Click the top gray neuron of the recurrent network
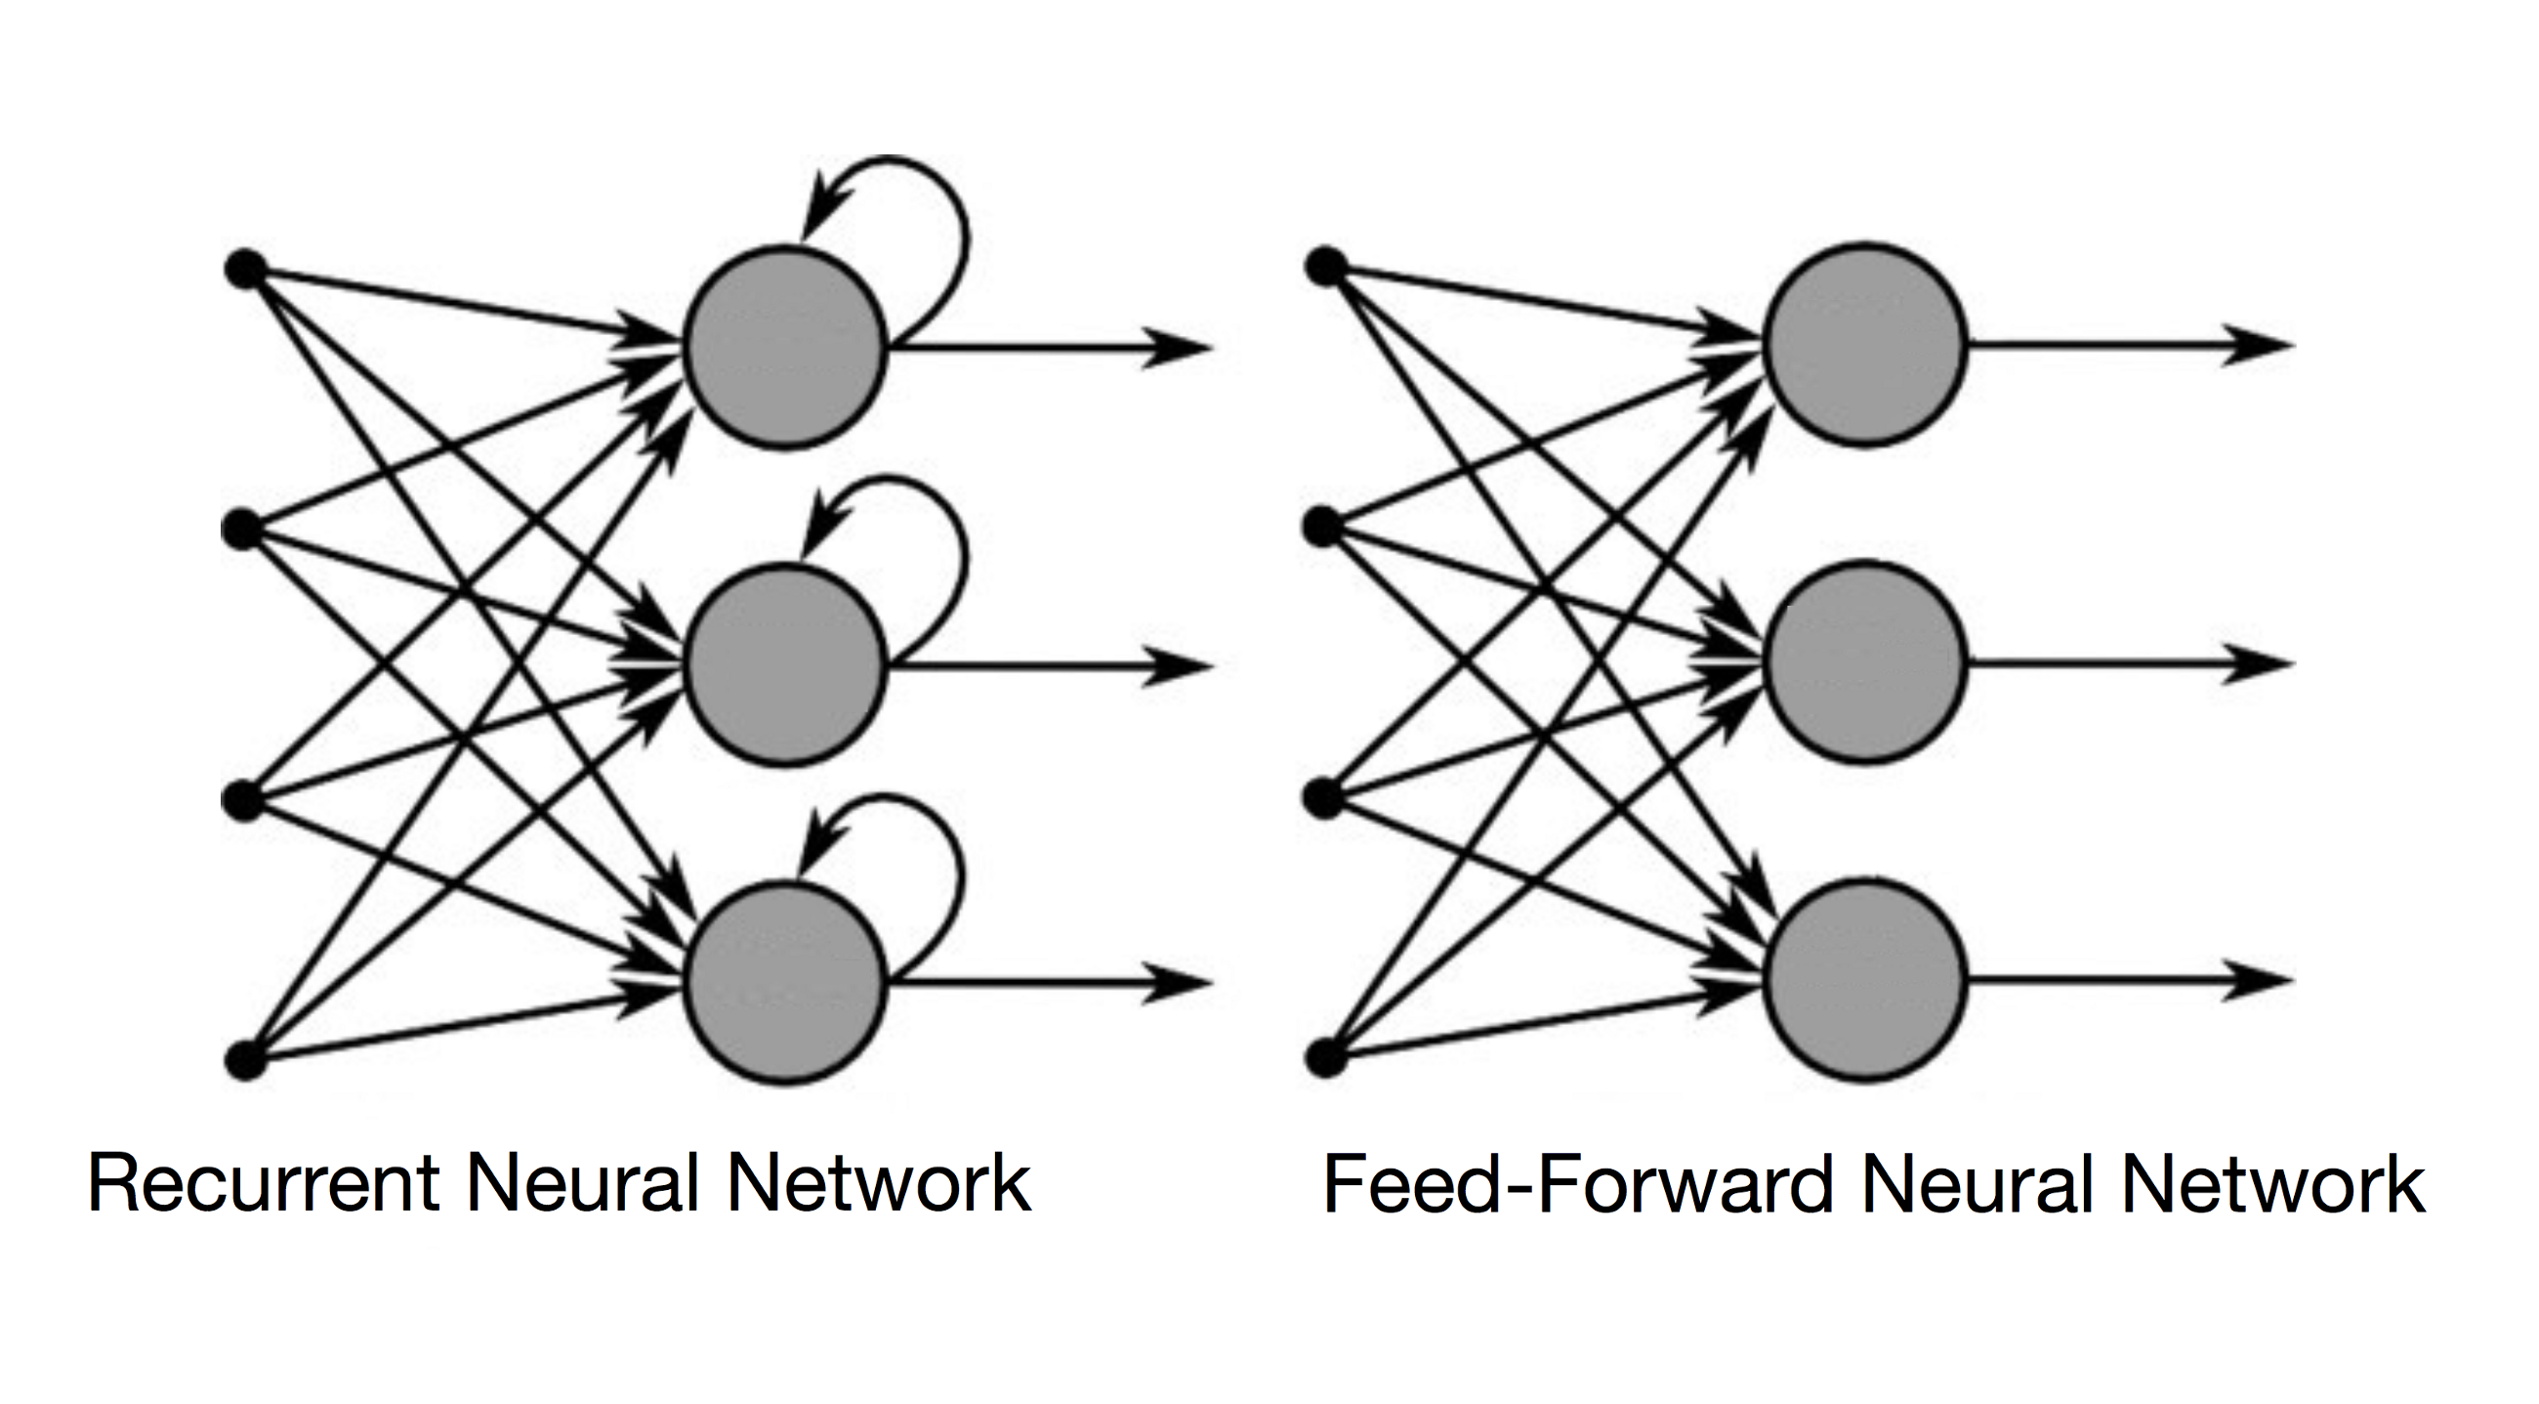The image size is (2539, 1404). (x=785, y=348)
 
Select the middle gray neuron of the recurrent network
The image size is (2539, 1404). (x=785, y=662)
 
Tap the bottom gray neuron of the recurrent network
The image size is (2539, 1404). (x=785, y=982)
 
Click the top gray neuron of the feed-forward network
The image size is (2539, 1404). (x=1864, y=345)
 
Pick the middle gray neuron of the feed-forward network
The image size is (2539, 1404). (x=1864, y=661)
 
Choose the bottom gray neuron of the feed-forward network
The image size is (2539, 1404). (x=1864, y=981)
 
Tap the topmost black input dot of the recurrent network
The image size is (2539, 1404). (x=245, y=269)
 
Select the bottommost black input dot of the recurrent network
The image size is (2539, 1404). (x=245, y=1061)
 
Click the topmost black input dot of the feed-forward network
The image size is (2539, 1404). (x=1326, y=266)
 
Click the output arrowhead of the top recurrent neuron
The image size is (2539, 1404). (x=1178, y=348)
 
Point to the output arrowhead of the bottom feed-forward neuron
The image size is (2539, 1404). (x=2259, y=981)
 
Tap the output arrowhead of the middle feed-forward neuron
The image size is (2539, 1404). (x=2259, y=663)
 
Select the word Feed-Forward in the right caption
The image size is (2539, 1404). (x=1577, y=1183)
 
